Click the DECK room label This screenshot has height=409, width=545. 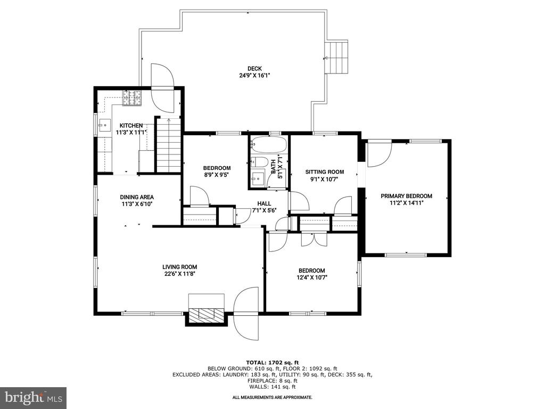(255, 69)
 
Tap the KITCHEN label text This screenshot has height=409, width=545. (131, 126)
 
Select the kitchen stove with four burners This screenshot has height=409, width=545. (133, 98)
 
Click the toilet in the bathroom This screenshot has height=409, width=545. (259, 162)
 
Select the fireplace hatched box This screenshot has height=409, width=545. (207, 314)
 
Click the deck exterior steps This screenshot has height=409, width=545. (336, 58)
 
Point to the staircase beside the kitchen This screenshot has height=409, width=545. (169, 145)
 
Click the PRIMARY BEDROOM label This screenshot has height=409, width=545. (406, 196)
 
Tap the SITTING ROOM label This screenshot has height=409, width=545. (325, 172)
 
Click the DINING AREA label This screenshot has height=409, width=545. (137, 197)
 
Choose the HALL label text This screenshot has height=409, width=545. (264, 203)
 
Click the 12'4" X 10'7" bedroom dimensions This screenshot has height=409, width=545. (312, 277)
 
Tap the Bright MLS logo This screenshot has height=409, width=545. (34, 397)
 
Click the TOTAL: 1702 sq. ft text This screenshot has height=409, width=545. (272, 362)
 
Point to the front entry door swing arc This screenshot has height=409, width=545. (246, 314)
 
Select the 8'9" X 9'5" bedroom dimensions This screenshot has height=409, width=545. (217, 175)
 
